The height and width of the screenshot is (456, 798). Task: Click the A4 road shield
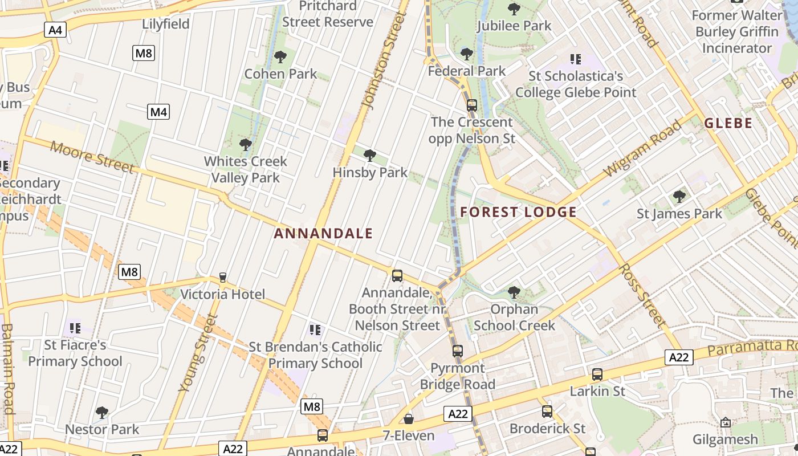tap(55, 30)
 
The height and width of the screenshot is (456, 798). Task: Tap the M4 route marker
tap(158, 112)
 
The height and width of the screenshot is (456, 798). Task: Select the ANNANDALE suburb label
tap(323, 233)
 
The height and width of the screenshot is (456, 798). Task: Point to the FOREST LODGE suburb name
tap(518, 213)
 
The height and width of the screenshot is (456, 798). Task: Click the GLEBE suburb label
tap(728, 123)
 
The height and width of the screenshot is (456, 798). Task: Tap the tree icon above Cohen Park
tap(280, 57)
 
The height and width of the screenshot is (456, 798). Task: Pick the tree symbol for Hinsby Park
tap(369, 155)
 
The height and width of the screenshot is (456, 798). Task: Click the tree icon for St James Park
tap(679, 197)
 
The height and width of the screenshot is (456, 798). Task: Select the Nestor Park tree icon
tap(102, 412)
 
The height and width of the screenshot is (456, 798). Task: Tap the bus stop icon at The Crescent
tap(471, 105)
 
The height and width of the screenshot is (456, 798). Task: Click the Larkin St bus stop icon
tap(597, 374)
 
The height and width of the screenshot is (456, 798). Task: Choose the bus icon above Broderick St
tap(547, 411)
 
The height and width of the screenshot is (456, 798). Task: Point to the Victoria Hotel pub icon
tap(223, 278)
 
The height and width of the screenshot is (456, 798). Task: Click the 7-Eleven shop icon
tap(408, 420)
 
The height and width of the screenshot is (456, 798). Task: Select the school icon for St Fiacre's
tap(75, 328)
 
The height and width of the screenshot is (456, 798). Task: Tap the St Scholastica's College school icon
tap(576, 59)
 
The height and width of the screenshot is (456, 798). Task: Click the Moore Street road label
tap(92, 156)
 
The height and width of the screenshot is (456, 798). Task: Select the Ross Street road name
tap(642, 295)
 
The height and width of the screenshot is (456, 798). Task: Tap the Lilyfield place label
tap(166, 24)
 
